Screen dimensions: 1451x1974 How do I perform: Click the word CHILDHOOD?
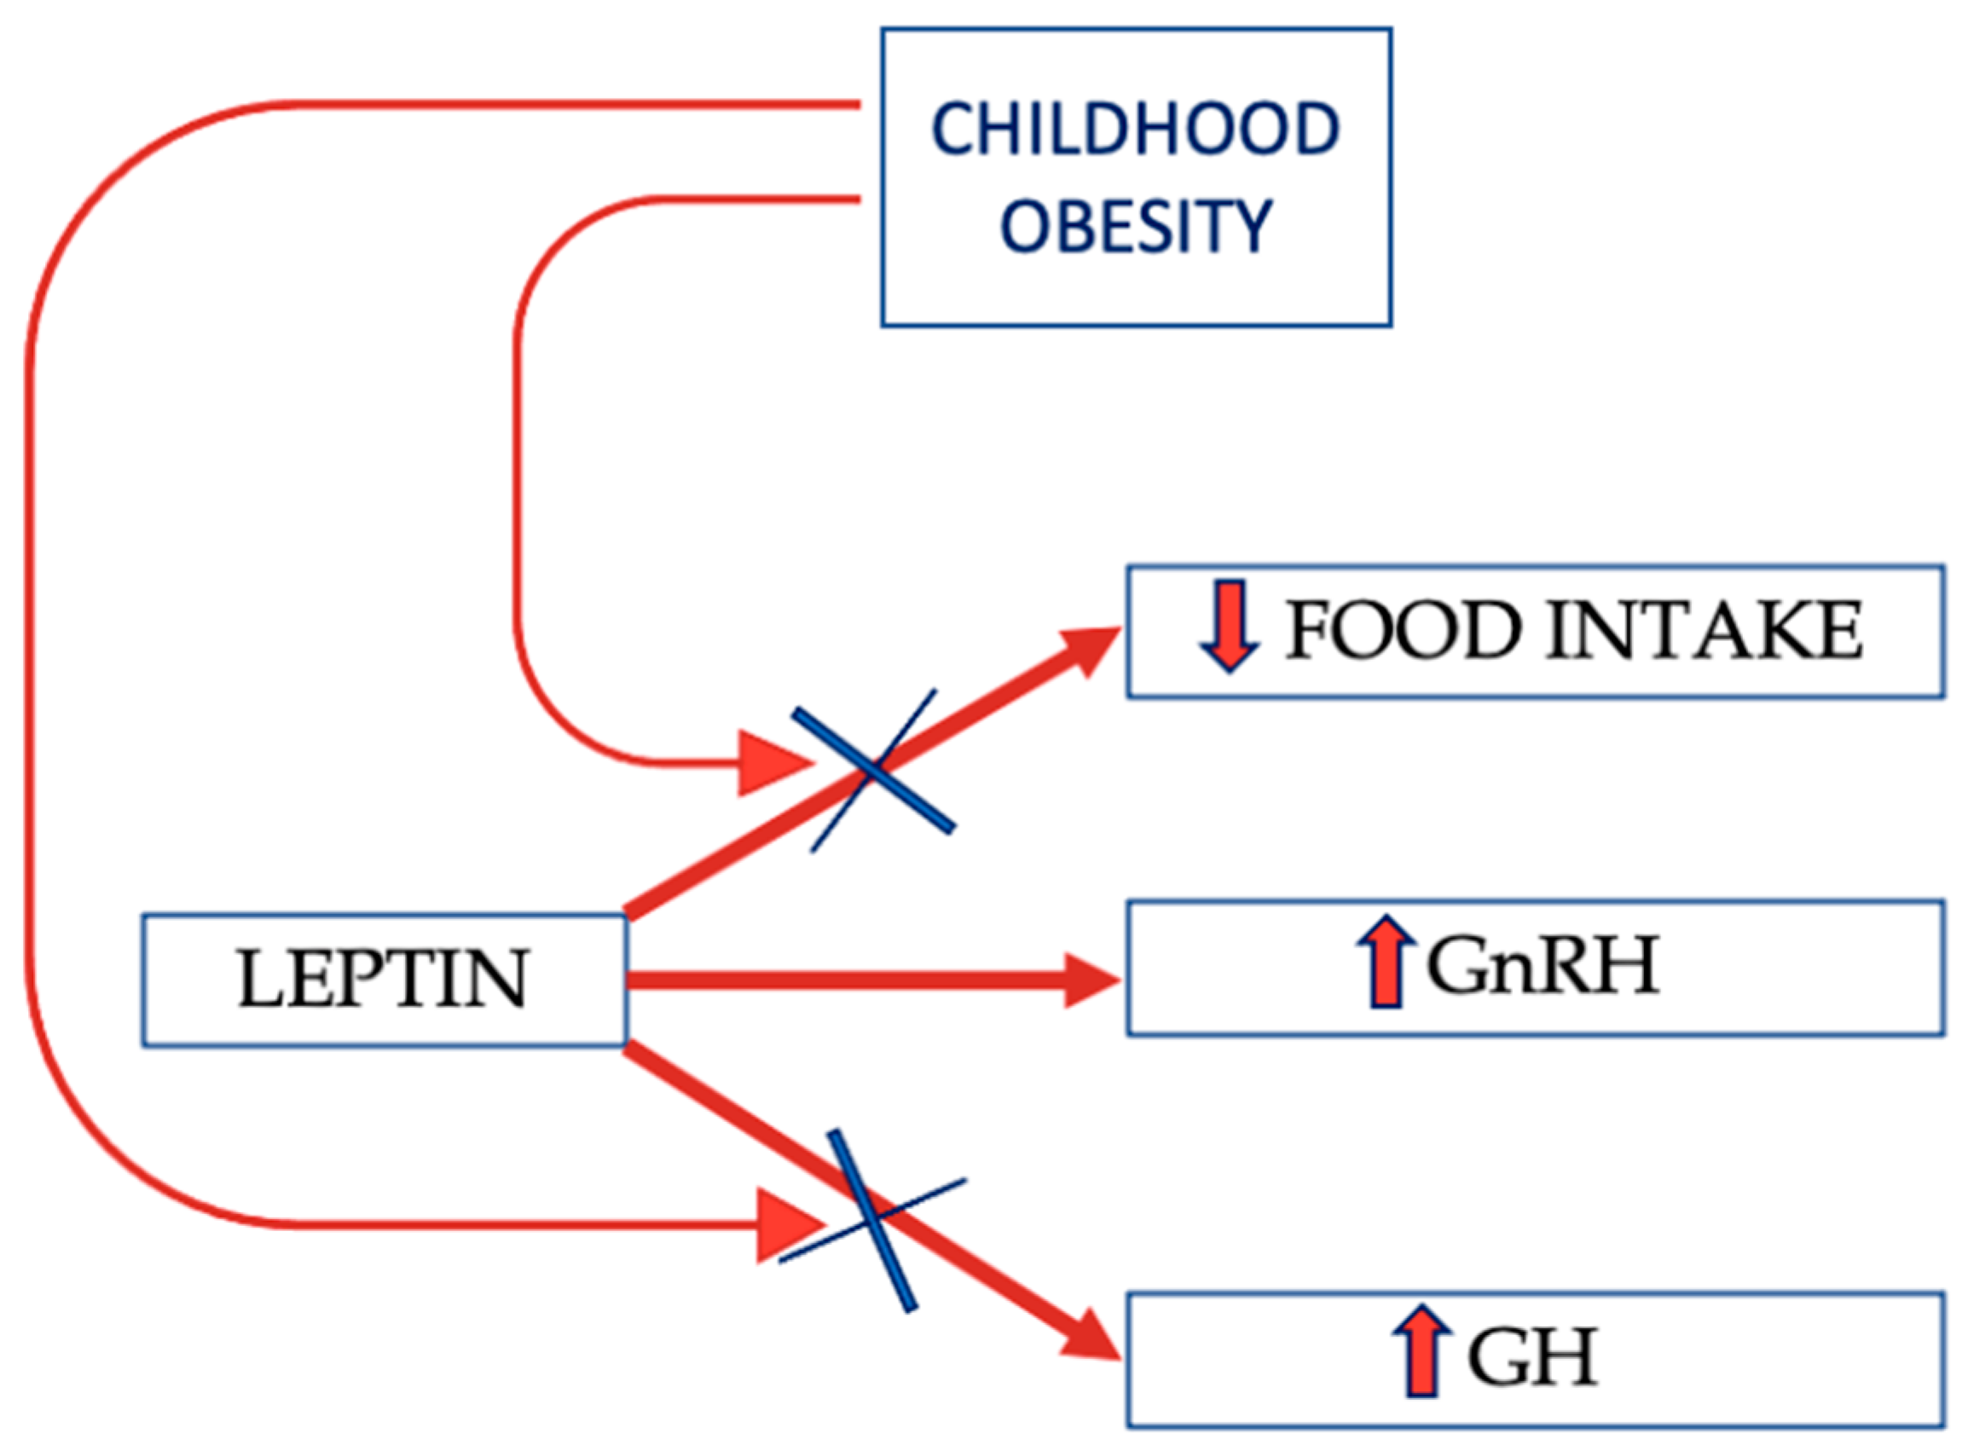point(1135,130)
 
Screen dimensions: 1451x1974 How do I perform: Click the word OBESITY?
point(1135,226)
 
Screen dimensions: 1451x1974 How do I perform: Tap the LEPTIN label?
point(383,980)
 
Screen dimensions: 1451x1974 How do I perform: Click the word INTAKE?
point(1704,631)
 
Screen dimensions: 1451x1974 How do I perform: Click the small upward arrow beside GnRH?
point(1386,962)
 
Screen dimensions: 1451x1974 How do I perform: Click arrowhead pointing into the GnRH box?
point(1091,980)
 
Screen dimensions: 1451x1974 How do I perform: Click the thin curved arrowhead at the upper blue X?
point(772,762)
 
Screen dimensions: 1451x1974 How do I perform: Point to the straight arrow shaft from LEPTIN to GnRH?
point(843,980)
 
